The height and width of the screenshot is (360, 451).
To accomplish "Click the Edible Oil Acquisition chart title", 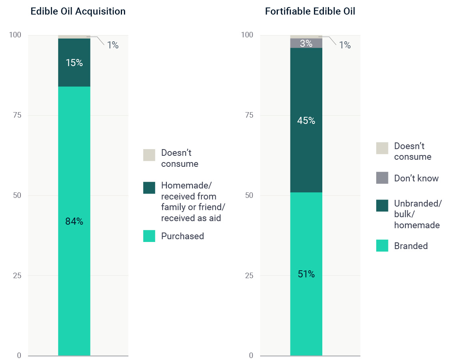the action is [78, 11].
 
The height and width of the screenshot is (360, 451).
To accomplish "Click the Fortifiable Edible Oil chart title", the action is [310, 11].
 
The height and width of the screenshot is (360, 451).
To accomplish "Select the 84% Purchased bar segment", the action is [74, 221].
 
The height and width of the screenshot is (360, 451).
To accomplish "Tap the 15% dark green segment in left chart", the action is [74, 63].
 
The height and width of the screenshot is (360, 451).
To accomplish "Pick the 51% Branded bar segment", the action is [306, 274].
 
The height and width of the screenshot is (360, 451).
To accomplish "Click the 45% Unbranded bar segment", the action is [306, 120].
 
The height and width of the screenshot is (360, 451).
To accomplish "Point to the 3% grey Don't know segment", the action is [306, 43].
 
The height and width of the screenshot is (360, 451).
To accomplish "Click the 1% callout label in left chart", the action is [113, 45].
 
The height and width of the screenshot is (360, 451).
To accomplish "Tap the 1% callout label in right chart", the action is [345, 45].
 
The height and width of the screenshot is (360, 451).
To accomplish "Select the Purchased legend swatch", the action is [149, 236].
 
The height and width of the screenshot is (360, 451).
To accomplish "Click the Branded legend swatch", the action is [382, 246].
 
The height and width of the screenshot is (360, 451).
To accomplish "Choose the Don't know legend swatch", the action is [382, 178].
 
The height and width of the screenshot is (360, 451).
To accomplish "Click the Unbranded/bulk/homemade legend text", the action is [418, 214].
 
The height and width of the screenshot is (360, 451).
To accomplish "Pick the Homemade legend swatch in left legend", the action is [149, 188].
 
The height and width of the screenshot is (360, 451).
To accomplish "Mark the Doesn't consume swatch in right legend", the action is [382, 148].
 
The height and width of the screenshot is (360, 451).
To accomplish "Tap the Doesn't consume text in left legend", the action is [179, 158].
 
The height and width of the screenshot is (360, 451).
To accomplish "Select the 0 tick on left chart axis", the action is [18, 355].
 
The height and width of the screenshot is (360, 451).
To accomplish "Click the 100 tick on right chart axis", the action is [247, 35].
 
